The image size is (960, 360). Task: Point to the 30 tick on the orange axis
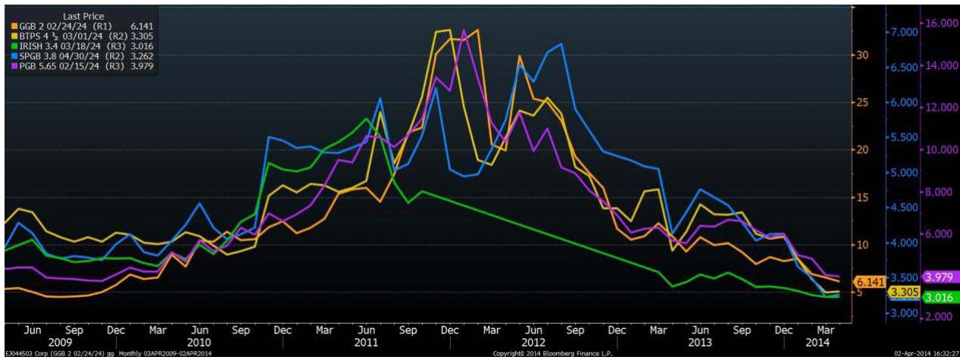[865, 55]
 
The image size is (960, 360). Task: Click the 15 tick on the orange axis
[865, 197]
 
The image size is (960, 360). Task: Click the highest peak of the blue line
[560, 44]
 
